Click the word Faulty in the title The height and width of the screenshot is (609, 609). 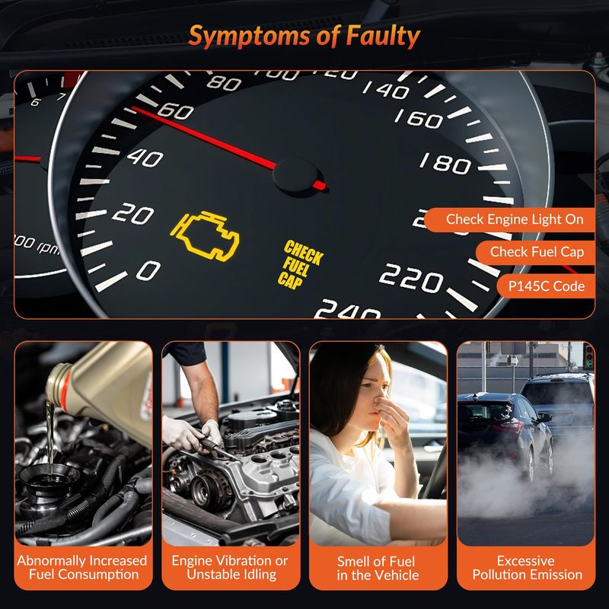(383, 37)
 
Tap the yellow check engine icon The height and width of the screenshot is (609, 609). (205, 236)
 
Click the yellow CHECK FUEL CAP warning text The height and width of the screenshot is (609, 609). (300, 264)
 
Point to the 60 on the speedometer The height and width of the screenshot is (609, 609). (176, 111)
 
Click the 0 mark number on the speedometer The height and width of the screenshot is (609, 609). (148, 270)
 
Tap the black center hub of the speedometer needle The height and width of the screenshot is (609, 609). (295, 176)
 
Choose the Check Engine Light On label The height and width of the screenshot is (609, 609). (515, 219)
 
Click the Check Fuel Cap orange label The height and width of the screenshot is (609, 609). (537, 252)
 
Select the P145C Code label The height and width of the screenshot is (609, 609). (546, 286)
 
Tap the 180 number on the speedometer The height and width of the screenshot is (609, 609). (445, 163)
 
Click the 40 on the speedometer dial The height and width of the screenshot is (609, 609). (145, 158)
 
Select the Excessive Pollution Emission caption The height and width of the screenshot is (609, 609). (527, 567)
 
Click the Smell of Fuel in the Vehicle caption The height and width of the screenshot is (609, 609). (378, 568)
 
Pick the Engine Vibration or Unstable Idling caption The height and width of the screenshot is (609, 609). (231, 567)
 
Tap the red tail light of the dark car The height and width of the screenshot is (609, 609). (508, 426)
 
